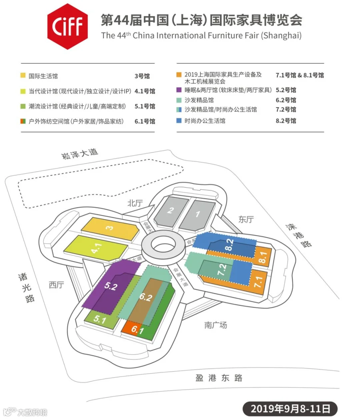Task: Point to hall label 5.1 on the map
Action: (100, 320)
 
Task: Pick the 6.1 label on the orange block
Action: (137, 330)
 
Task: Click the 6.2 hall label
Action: (146, 297)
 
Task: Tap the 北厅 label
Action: (135, 203)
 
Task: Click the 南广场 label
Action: (216, 325)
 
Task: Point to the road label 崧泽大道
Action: (80, 154)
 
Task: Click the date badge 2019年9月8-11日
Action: (290, 409)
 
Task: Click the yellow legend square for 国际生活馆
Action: (23, 75)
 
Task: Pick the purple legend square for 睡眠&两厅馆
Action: (179, 90)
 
